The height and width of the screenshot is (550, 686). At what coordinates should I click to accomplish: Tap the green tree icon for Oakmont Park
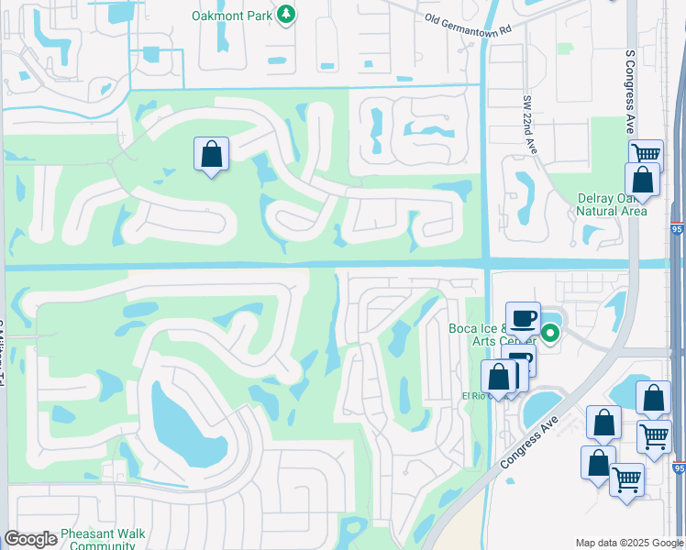pyautogui.click(x=286, y=15)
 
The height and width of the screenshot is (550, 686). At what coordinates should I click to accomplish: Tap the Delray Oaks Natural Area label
pyautogui.click(x=612, y=204)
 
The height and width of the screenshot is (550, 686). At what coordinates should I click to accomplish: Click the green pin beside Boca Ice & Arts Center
pyautogui.click(x=550, y=334)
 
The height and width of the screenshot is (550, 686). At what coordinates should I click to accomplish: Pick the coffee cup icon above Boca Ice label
pyautogui.click(x=523, y=319)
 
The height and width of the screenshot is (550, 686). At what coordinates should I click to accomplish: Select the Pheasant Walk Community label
pyautogui.click(x=97, y=539)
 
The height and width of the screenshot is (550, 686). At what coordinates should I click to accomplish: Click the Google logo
pyautogui.click(x=30, y=539)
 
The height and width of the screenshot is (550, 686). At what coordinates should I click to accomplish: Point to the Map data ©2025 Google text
pyautogui.click(x=629, y=543)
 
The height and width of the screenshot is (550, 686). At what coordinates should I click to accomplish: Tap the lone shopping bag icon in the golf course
pyautogui.click(x=211, y=154)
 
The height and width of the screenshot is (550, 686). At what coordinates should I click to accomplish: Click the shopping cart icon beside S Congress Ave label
pyautogui.click(x=646, y=154)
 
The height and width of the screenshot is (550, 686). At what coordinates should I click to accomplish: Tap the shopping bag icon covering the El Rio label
pyautogui.click(x=499, y=377)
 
